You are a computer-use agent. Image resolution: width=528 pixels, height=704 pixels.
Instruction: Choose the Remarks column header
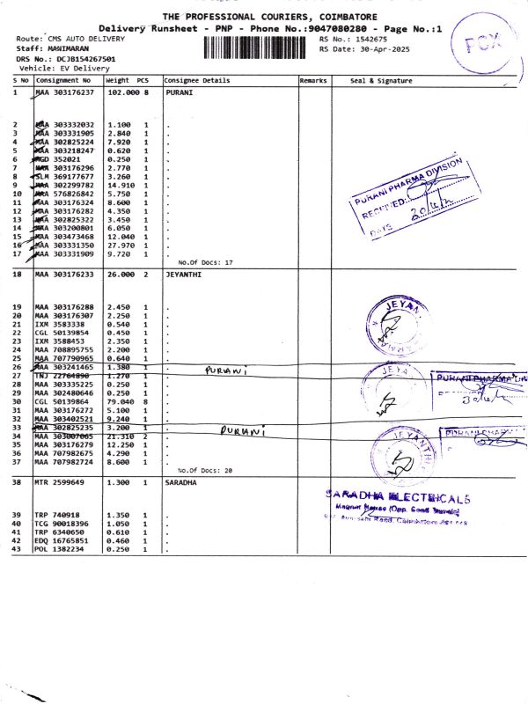[313, 80]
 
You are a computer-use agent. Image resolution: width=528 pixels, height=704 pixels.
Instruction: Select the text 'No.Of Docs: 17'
[205, 262]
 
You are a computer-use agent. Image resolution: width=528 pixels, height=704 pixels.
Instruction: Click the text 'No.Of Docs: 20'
[205, 471]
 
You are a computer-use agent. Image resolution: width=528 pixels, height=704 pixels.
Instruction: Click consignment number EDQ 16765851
[62, 542]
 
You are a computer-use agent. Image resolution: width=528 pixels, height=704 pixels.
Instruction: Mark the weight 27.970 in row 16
[120, 245]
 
